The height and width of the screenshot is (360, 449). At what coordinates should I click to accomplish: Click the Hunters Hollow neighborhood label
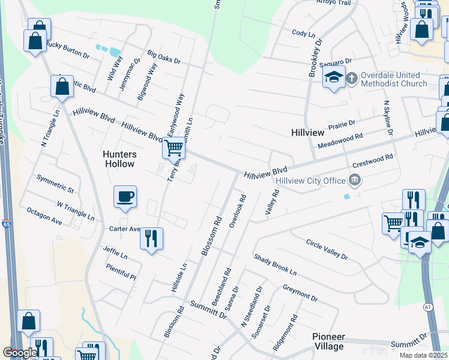pyautogui.click(x=120, y=158)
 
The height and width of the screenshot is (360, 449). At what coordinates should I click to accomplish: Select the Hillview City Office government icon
pyautogui.click(x=355, y=180)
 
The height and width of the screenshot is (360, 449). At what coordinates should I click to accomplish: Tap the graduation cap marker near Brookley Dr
pyautogui.click(x=333, y=77)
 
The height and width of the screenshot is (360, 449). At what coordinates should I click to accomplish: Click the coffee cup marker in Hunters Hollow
pyautogui.click(x=125, y=197)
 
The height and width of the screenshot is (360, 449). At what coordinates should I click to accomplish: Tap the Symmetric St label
pyautogui.click(x=55, y=184)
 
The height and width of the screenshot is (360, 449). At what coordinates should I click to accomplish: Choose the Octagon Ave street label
pyautogui.click(x=44, y=217)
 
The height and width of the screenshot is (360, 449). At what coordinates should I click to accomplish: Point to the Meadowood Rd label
pyautogui.click(x=340, y=140)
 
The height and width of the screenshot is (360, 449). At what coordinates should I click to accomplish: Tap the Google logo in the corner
pyautogui.click(x=20, y=353)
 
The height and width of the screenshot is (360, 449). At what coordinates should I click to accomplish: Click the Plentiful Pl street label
pyautogui.click(x=121, y=272)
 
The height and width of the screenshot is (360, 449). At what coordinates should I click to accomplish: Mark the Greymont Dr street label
pyautogui.click(x=300, y=293)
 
